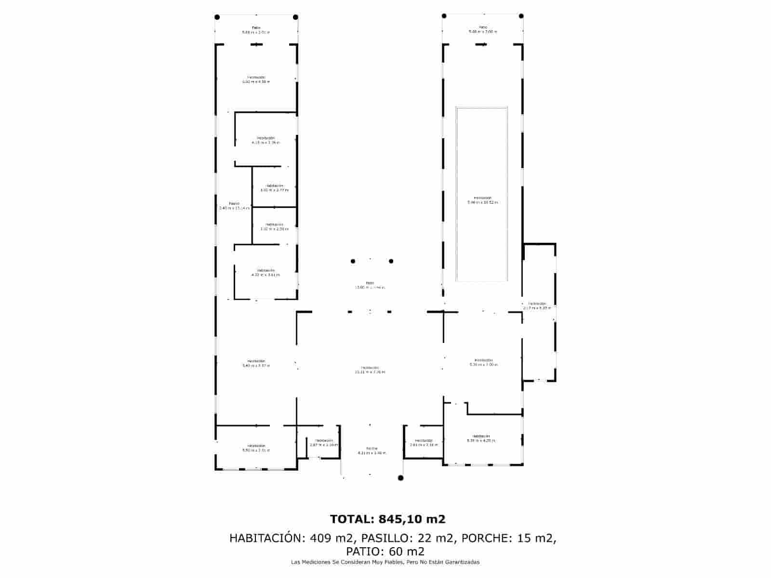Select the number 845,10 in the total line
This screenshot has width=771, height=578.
399,519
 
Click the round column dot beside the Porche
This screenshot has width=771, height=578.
400,478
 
